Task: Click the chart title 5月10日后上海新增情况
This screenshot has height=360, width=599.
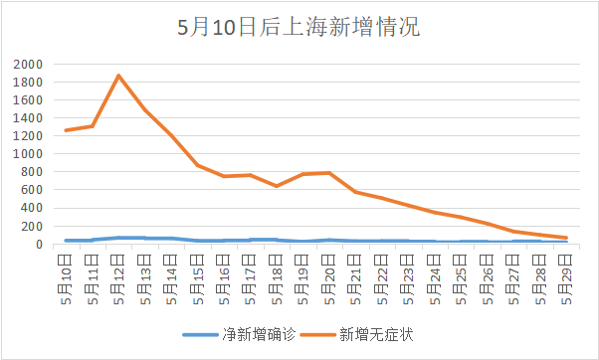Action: coord(299,27)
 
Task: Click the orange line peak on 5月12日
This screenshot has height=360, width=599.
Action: coord(118,76)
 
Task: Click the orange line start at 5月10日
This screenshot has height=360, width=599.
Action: coord(67,130)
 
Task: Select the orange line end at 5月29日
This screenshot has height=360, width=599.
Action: coord(565,238)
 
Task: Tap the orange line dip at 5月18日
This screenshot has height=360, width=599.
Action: coord(277,186)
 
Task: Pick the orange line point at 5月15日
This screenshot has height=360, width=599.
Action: coord(198,165)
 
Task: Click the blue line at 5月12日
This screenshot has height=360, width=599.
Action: coord(118,238)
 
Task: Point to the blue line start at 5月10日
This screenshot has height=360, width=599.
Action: coord(67,241)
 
